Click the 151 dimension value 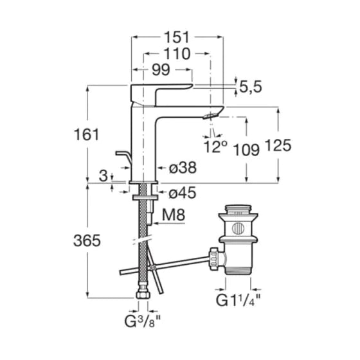[x=177, y=37]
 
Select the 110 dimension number [x=177, y=54]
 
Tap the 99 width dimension [x=161, y=69]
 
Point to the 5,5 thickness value [x=251, y=87]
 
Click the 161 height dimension [x=86, y=134]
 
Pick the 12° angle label [x=215, y=147]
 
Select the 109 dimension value [x=246, y=150]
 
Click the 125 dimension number [x=278, y=145]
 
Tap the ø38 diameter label [x=183, y=168]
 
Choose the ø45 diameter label [x=183, y=192]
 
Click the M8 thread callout [x=174, y=215]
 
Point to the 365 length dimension [x=87, y=240]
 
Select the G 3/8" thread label [x=142, y=321]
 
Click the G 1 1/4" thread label [x=238, y=300]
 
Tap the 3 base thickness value [x=104, y=176]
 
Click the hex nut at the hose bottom [x=143, y=294]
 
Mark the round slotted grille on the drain [x=238, y=228]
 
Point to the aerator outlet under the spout [x=210, y=116]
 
